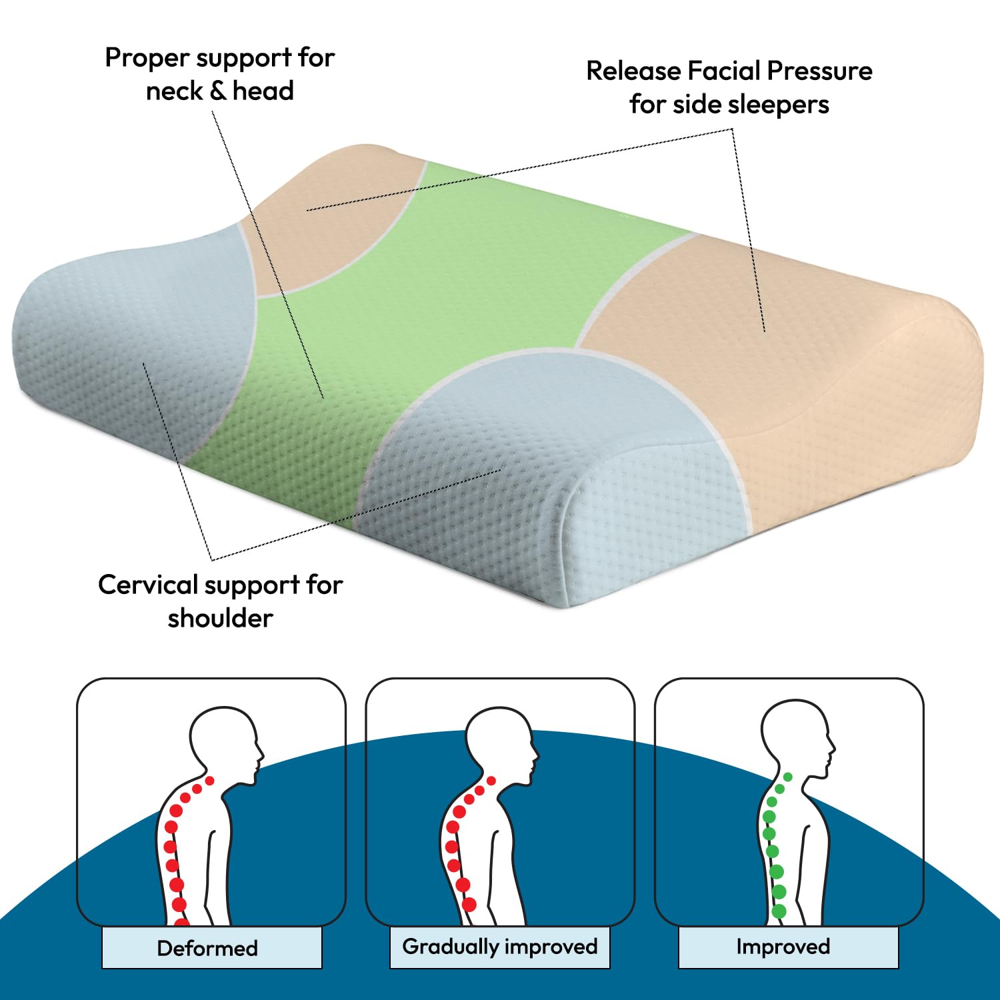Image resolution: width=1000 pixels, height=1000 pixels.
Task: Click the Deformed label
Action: tap(207, 948)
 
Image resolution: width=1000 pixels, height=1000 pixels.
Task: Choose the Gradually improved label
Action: tap(500, 947)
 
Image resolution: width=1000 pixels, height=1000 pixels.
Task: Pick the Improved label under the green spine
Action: tap(783, 946)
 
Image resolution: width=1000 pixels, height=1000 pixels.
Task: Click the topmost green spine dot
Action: tap(788, 777)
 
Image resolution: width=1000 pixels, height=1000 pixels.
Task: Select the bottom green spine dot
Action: tap(779, 911)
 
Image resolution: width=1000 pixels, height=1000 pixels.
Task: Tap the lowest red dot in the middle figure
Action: tap(469, 905)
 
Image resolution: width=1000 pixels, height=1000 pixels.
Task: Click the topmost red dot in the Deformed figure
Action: tap(210, 781)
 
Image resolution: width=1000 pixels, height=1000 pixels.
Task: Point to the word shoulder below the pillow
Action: tap(221, 618)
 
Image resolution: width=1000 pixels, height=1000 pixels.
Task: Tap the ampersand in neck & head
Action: tap(218, 91)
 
